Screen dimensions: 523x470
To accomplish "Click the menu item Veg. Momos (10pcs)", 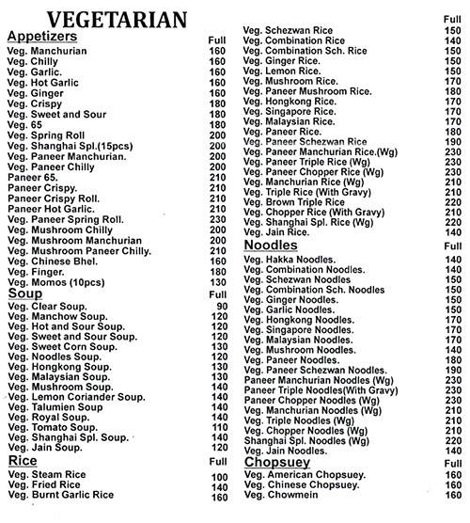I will pyautogui.click(x=55, y=282).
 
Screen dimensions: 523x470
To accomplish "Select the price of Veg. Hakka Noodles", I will pyautogui.click(x=453, y=258).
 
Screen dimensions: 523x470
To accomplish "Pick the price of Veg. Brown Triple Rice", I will pyautogui.click(x=453, y=200).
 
